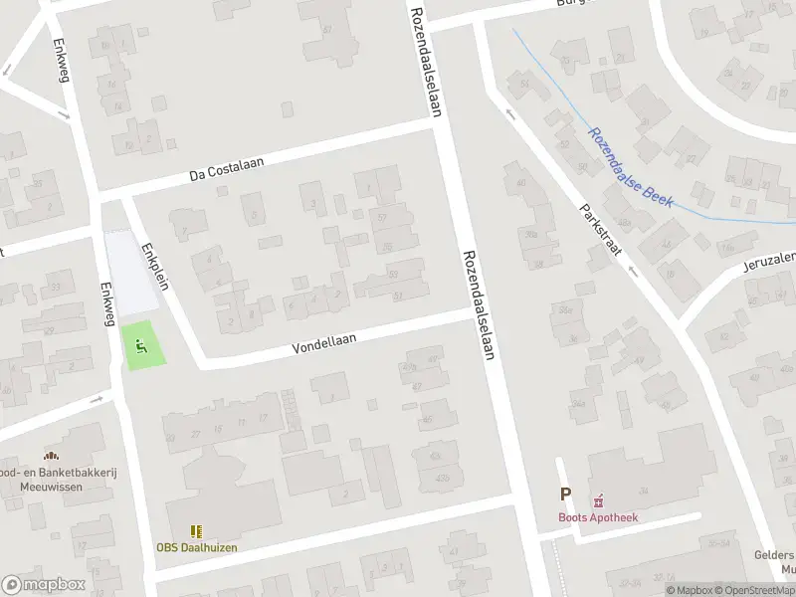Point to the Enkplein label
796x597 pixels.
(x=155, y=267)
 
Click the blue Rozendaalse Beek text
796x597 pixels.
(x=631, y=168)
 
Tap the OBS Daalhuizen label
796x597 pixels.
(x=196, y=547)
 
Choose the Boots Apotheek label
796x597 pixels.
(x=597, y=517)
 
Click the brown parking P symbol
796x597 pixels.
(x=566, y=495)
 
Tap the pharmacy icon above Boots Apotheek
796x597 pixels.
(x=599, y=500)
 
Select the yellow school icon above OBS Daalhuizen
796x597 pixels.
(x=196, y=531)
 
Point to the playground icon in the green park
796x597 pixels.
(x=140, y=347)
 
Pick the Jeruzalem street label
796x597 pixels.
(x=769, y=262)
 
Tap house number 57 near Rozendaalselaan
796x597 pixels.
(x=383, y=217)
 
